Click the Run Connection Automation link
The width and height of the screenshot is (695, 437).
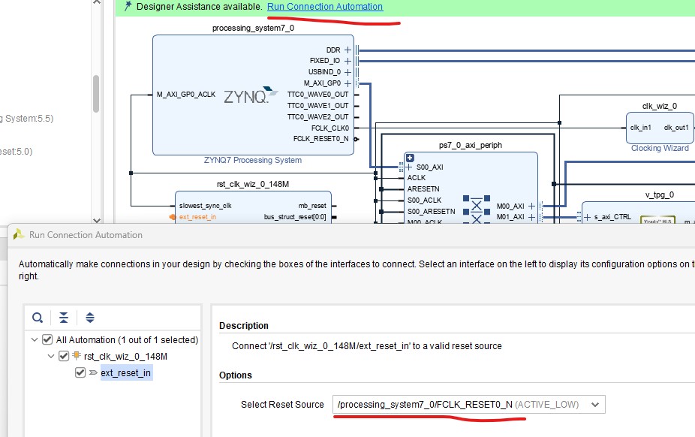tap(324, 7)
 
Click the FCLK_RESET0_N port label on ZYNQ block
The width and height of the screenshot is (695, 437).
tap(320, 139)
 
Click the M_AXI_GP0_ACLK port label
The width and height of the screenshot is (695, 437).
tap(185, 95)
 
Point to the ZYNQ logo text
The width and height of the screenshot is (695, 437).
tap(245, 98)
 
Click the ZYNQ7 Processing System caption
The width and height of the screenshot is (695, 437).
tap(252, 160)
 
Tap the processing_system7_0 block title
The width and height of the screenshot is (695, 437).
tap(253, 28)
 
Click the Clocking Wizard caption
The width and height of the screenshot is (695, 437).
tap(660, 149)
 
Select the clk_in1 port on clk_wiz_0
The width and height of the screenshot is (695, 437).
tap(640, 128)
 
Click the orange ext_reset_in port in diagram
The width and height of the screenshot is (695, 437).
tap(197, 217)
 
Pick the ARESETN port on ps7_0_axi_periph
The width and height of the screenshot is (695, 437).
tap(423, 189)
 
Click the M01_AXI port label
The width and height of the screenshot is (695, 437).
tap(510, 217)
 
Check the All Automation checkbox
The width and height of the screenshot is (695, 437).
tap(47, 339)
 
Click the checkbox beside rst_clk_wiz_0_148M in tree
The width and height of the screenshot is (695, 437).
tap(64, 356)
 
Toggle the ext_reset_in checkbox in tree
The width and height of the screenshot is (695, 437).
tap(80, 372)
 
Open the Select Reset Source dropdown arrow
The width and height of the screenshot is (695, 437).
tap(595, 405)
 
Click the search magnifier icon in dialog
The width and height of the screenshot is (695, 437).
tap(38, 318)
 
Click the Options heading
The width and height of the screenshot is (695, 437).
tap(236, 375)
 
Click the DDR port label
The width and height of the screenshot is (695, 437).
tap(333, 50)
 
